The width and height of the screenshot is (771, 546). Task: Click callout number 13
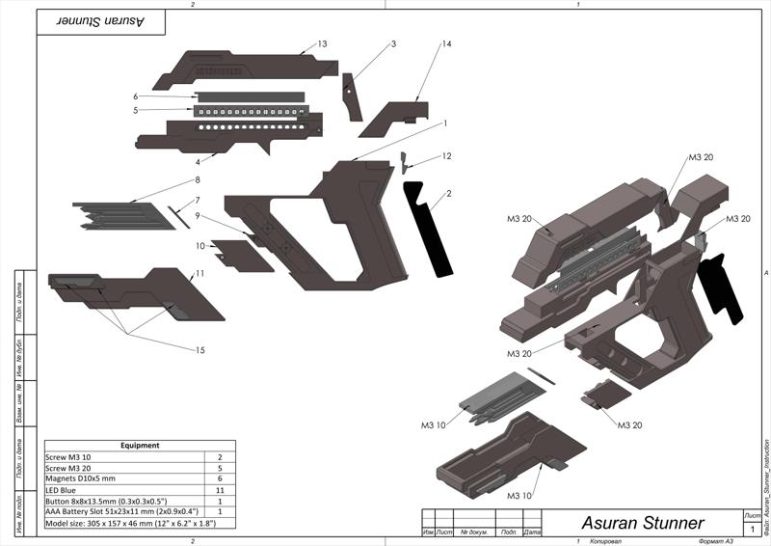323,43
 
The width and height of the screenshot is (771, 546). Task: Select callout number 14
446,44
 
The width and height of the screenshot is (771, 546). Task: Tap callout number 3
393,44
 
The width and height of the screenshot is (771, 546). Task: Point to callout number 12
446,155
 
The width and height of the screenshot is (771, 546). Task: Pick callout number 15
200,350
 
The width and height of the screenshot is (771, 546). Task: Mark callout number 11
199,273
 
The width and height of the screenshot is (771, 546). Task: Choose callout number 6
137,96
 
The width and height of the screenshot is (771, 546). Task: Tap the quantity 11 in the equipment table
221,490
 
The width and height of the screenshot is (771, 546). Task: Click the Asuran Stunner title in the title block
642,523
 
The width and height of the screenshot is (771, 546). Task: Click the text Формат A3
716,541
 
